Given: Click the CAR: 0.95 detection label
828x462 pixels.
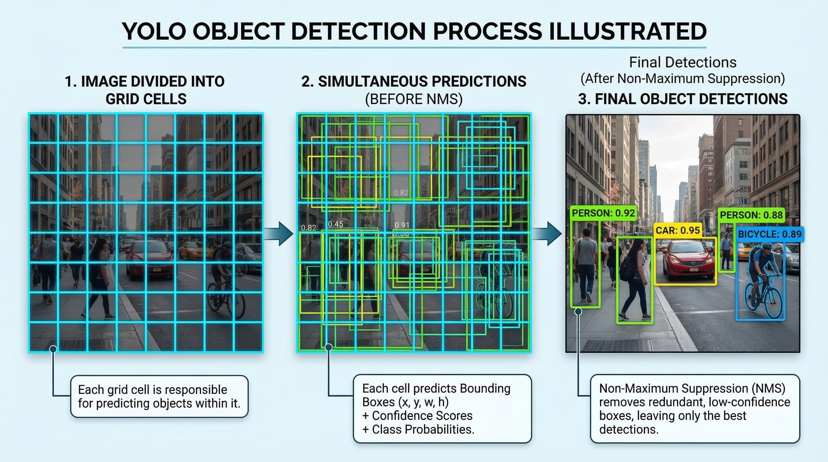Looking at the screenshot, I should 677,230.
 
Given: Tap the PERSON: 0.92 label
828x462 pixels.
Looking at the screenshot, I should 603,213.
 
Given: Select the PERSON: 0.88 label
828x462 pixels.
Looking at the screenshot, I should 751,215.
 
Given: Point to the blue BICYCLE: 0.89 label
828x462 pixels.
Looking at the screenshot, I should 770,234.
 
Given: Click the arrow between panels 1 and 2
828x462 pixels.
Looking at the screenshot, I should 279,233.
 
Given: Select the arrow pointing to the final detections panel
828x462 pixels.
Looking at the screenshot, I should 547,233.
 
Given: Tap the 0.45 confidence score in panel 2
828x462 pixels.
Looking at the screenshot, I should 335,224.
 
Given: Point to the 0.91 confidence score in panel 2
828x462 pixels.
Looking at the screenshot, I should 402,225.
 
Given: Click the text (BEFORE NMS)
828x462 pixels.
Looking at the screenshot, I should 414,99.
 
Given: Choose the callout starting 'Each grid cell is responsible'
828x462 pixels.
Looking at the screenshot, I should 159,396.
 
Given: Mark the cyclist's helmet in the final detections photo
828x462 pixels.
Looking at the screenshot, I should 767,245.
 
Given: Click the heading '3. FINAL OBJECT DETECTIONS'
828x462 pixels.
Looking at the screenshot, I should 683,99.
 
